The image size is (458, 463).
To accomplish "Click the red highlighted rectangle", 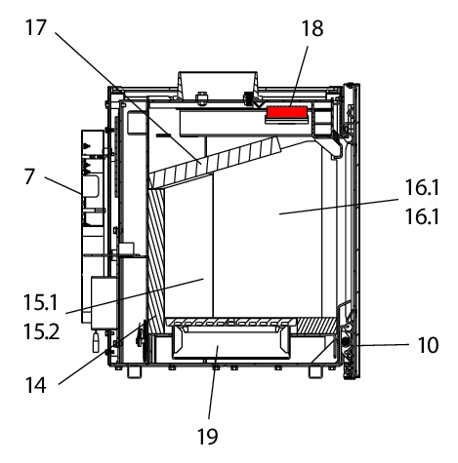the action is (x=287, y=112).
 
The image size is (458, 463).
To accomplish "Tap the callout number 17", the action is (x=36, y=27).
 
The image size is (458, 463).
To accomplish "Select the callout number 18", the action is (x=312, y=28).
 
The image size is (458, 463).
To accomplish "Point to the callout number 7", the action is (x=29, y=176).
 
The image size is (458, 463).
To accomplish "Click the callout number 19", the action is (x=208, y=437).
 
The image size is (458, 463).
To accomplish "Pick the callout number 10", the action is (x=429, y=345).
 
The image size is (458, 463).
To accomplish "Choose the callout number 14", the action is (x=36, y=385).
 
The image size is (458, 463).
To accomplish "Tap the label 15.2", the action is (x=41, y=331).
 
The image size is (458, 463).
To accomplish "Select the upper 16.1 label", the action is (x=422, y=187).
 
